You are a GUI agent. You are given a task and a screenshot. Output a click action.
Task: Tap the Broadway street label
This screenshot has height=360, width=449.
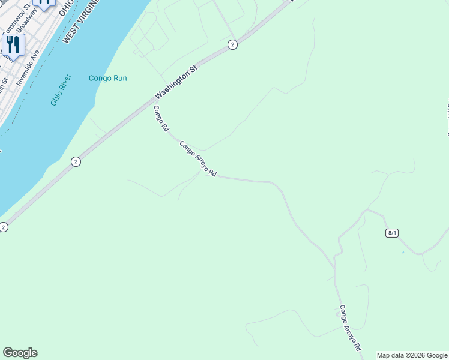(x=27, y=20)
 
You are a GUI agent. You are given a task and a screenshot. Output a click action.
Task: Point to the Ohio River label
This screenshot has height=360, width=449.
(x=61, y=90)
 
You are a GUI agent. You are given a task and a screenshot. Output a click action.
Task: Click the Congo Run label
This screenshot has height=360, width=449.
(x=107, y=78)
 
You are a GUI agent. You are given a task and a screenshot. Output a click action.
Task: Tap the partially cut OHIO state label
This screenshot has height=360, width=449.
(x=65, y=7)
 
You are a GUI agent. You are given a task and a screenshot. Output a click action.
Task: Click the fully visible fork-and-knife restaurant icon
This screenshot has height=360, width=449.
(x=13, y=44)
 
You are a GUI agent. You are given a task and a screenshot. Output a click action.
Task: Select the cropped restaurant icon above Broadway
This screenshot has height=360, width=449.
(x=44, y=3)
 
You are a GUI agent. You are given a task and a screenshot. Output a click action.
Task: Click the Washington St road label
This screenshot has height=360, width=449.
(x=176, y=83)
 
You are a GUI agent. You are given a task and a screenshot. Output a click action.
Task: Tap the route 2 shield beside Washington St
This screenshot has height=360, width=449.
(x=232, y=44)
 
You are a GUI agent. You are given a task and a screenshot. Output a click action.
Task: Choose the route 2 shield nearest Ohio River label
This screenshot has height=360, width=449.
(x=75, y=161)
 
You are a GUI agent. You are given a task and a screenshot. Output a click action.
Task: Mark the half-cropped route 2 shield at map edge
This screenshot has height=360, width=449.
(x=4, y=227)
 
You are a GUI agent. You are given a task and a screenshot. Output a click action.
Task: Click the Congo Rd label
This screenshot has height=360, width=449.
(x=160, y=118)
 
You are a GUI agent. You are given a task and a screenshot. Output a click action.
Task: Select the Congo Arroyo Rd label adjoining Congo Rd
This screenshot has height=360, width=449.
(x=197, y=159)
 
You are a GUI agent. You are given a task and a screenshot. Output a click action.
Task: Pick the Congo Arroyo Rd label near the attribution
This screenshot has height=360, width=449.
(x=350, y=328)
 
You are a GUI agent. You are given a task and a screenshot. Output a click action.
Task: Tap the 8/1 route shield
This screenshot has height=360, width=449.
(x=392, y=233)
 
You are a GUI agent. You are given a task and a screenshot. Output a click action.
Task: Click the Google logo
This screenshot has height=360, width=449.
(x=20, y=353)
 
